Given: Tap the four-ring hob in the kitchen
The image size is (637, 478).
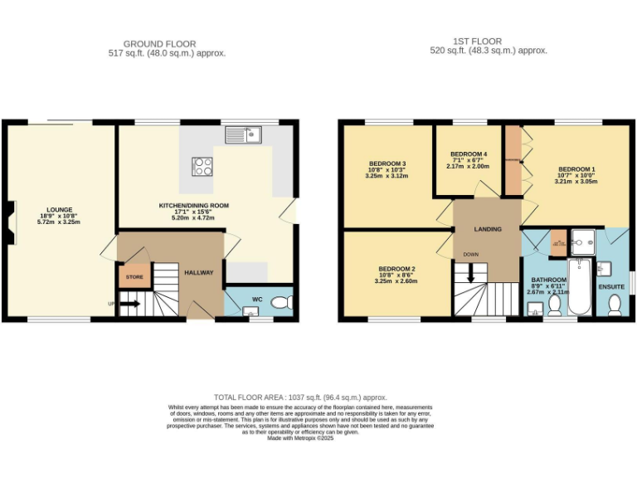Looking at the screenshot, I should coord(202,167).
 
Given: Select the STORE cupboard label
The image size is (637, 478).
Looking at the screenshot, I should coord(134,276).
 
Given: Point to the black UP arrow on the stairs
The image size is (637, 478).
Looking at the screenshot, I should coord(129,304).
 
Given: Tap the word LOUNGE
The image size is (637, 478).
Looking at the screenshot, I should coord(60,209).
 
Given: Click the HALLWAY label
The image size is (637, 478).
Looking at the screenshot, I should coord(199,272).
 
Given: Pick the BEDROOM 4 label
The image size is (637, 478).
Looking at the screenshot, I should coord(469,154).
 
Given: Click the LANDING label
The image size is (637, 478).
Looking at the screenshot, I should coord(487,229).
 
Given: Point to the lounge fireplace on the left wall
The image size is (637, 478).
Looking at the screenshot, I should coord(8,224).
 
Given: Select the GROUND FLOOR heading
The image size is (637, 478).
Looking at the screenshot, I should coord(159,43).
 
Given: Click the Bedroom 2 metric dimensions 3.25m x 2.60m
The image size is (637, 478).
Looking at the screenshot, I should coord(396,281).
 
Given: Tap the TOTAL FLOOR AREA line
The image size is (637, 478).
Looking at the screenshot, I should coord(300,398).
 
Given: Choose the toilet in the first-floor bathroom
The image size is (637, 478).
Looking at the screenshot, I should coord(553,308).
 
